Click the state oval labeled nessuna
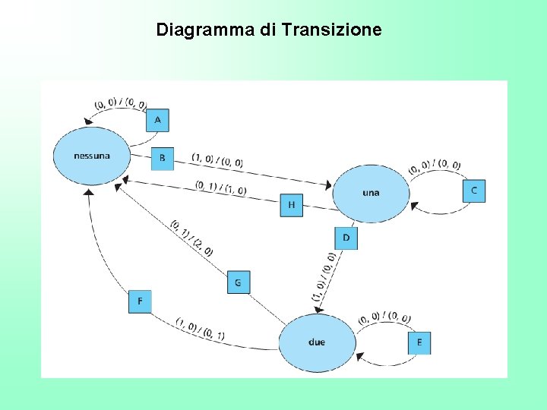coord(91,156)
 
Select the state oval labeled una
coord(371,193)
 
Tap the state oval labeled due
coord(317,342)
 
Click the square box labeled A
coord(157,120)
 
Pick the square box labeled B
coord(162,159)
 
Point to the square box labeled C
coord(474,191)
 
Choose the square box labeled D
coord(346,238)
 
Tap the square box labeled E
coord(419,343)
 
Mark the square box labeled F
coord(140,301)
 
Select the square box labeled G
coord(238,282)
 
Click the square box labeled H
coord(291,205)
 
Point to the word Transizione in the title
coord(331,30)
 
